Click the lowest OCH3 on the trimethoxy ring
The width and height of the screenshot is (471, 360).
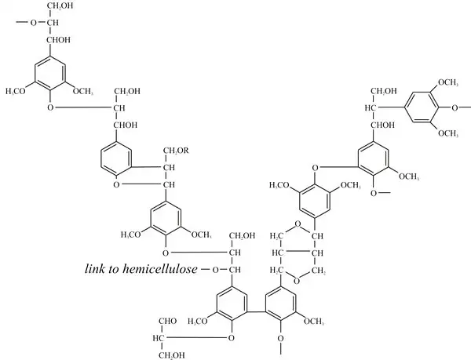[x=447, y=133]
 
